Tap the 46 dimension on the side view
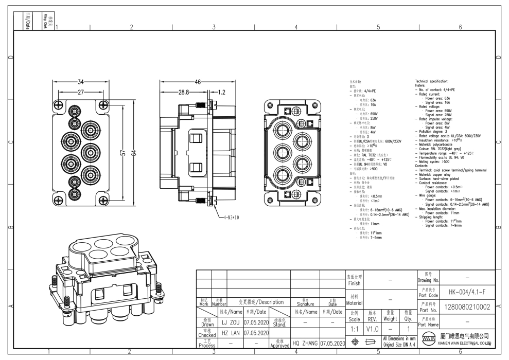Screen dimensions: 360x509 (x=197, y=82)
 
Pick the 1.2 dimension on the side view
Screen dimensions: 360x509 (x=221, y=93)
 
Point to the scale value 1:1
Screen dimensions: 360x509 (x=354, y=327)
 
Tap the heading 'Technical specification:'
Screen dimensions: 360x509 (x=435, y=82)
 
